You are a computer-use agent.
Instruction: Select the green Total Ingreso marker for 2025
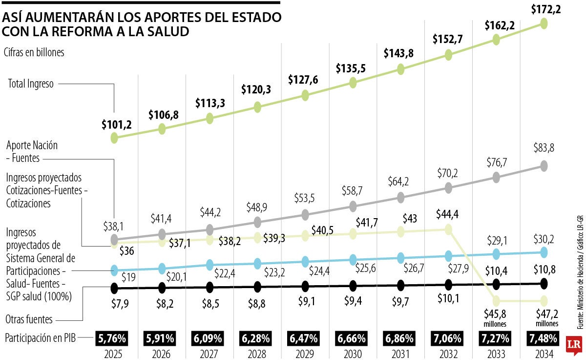pos(114,138)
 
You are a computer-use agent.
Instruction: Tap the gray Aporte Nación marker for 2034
pos(544,166)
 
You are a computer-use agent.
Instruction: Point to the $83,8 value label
pos(544,148)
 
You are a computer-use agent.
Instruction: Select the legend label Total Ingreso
pos(31,84)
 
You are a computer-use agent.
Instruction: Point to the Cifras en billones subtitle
pos(34,52)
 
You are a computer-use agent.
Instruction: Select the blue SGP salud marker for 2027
pos(210,265)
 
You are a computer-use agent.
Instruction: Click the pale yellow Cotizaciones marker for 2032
pos(448,229)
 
